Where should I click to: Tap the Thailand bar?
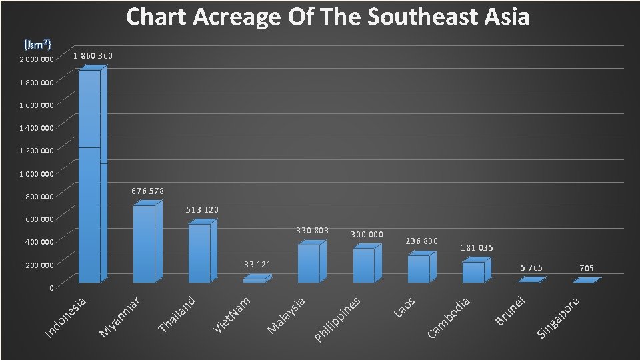coord(199,253)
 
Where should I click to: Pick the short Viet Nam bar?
coord(254,281)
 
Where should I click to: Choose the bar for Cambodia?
coord(473,272)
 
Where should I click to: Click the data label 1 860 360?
coord(93,56)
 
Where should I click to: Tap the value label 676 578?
coord(147,191)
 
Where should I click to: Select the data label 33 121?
coord(257,265)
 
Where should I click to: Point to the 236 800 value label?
coord(421,241)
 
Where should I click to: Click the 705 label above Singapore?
coord(587,269)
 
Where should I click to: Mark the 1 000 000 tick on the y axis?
coord(37,174)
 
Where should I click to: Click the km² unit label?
coord(39,45)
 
